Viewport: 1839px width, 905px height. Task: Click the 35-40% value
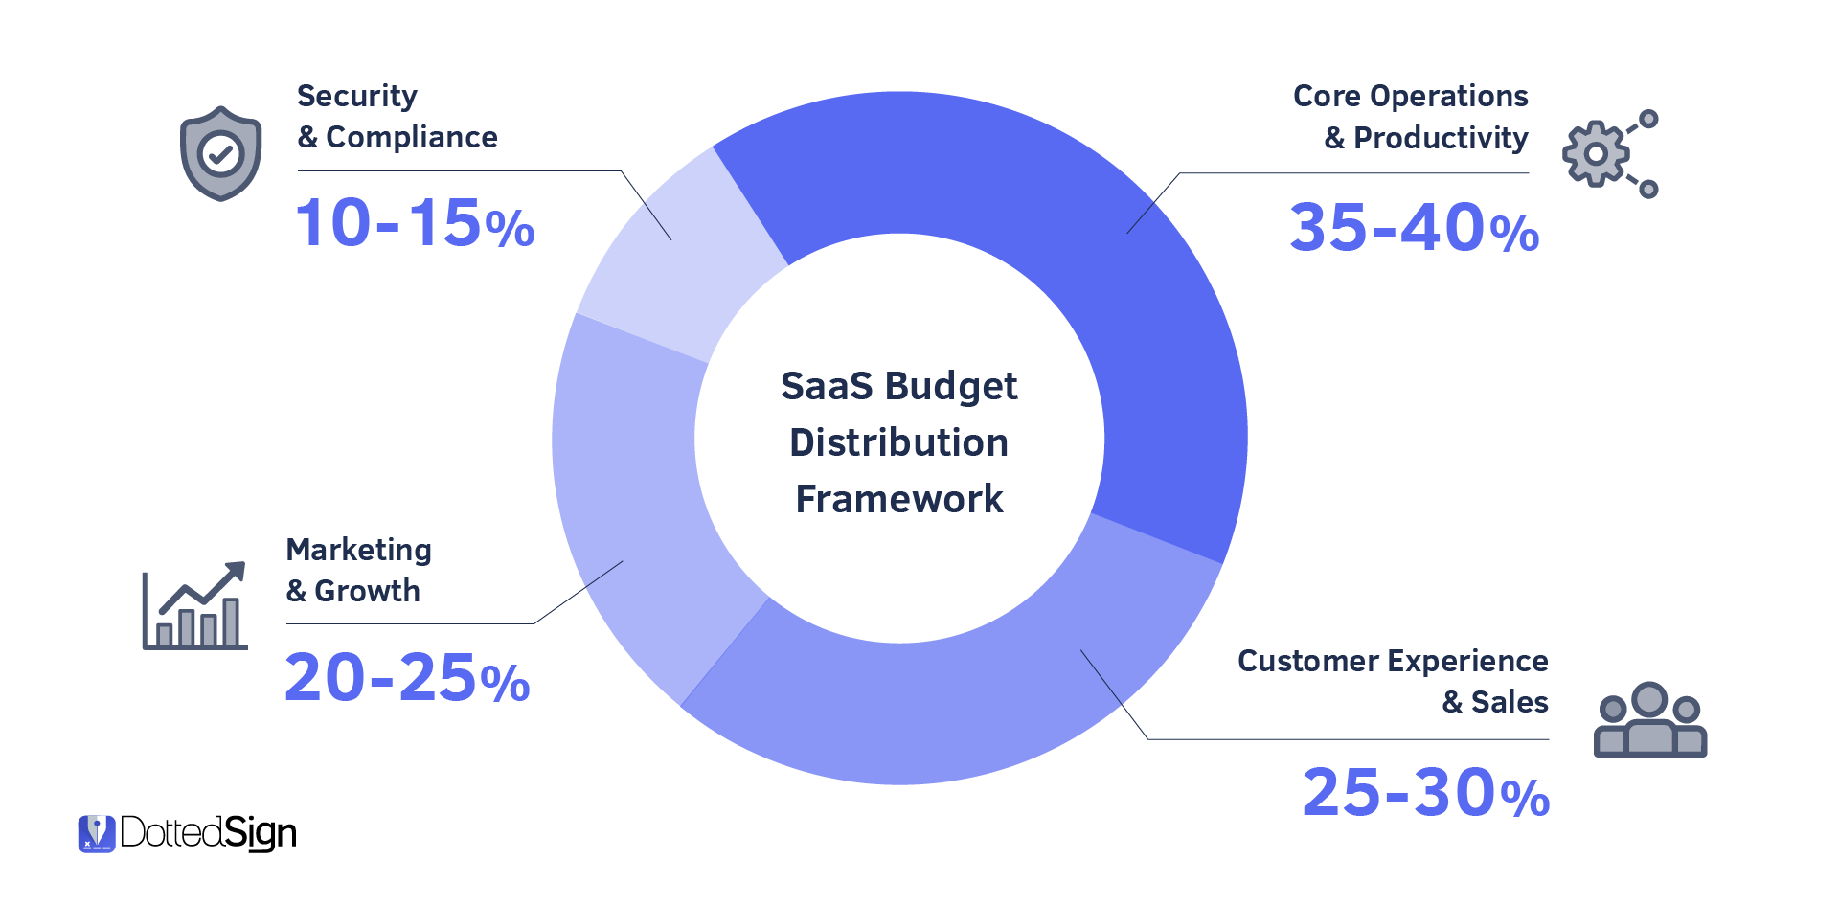click(1414, 229)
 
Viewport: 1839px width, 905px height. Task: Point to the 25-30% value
click(1425, 794)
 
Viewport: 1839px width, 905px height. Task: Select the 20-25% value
click(407, 678)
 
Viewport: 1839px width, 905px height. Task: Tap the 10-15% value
click(414, 224)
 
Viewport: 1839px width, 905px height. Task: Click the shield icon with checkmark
click(221, 153)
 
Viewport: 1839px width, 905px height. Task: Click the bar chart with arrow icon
click(195, 606)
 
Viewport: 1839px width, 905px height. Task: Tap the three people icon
click(1649, 720)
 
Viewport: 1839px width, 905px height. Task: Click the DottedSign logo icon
click(96, 833)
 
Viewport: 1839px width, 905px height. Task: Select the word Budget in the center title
click(950, 387)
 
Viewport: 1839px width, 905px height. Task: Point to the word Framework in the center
click(899, 500)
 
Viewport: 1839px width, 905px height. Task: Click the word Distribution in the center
click(899, 443)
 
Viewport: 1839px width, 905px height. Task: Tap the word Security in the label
click(357, 97)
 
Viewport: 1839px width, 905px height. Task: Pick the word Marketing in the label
click(359, 550)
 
